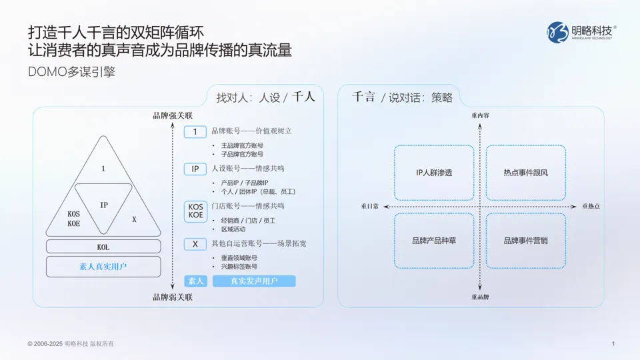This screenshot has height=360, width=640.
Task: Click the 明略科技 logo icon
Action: pyautogui.click(x=559, y=33)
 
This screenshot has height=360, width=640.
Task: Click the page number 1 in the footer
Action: pyautogui.click(x=613, y=343)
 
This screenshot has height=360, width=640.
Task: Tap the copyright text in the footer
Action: pyautogui.click(x=71, y=343)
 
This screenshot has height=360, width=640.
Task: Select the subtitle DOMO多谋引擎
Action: pyautogui.click(x=71, y=72)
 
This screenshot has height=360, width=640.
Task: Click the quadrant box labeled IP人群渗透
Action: pyautogui.click(x=434, y=173)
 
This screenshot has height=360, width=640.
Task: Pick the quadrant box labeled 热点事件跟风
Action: pyautogui.click(x=525, y=173)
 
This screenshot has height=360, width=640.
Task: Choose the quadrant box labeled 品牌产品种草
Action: pyautogui.click(x=434, y=240)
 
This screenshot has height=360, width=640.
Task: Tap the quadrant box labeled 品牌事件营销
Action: pyautogui.click(x=525, y=240)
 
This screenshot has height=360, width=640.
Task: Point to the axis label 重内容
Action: pyautogui.click(x=480, y=115)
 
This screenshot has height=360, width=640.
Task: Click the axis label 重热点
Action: pyautogui.click(x=591, y=207)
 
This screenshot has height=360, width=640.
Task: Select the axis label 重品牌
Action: pyautogui.click(x=480, y=297)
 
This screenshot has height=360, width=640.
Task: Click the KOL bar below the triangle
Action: pyautogui.click(x=103, y=247)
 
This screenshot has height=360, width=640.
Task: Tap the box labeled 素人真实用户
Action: pyautogui.click(x=103, y=267)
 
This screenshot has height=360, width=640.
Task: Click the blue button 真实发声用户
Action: pyautogui.click(x=254, y=281)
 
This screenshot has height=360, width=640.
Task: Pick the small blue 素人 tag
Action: pyautogui.click(x=195, y=281)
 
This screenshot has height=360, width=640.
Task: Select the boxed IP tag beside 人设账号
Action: pyautogui.click(x=195, y=169)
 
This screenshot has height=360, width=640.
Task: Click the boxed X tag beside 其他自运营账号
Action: pyautogui.click(x=195, y=244)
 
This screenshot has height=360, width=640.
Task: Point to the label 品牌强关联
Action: pyautogui.click(x=173, y=116)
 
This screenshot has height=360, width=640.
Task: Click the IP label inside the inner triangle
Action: pyautogui.click(x=104, y=205)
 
